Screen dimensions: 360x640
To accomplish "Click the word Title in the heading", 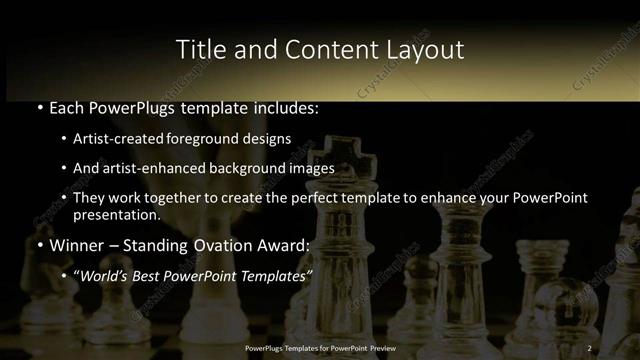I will tap(197, 49).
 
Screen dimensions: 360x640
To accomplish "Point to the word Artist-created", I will tap(119, 139).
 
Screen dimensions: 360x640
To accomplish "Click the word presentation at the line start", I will tap(116, 214).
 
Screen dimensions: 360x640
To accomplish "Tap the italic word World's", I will tap(105, 275).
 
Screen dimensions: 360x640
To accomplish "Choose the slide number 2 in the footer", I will tap(590, 348).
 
